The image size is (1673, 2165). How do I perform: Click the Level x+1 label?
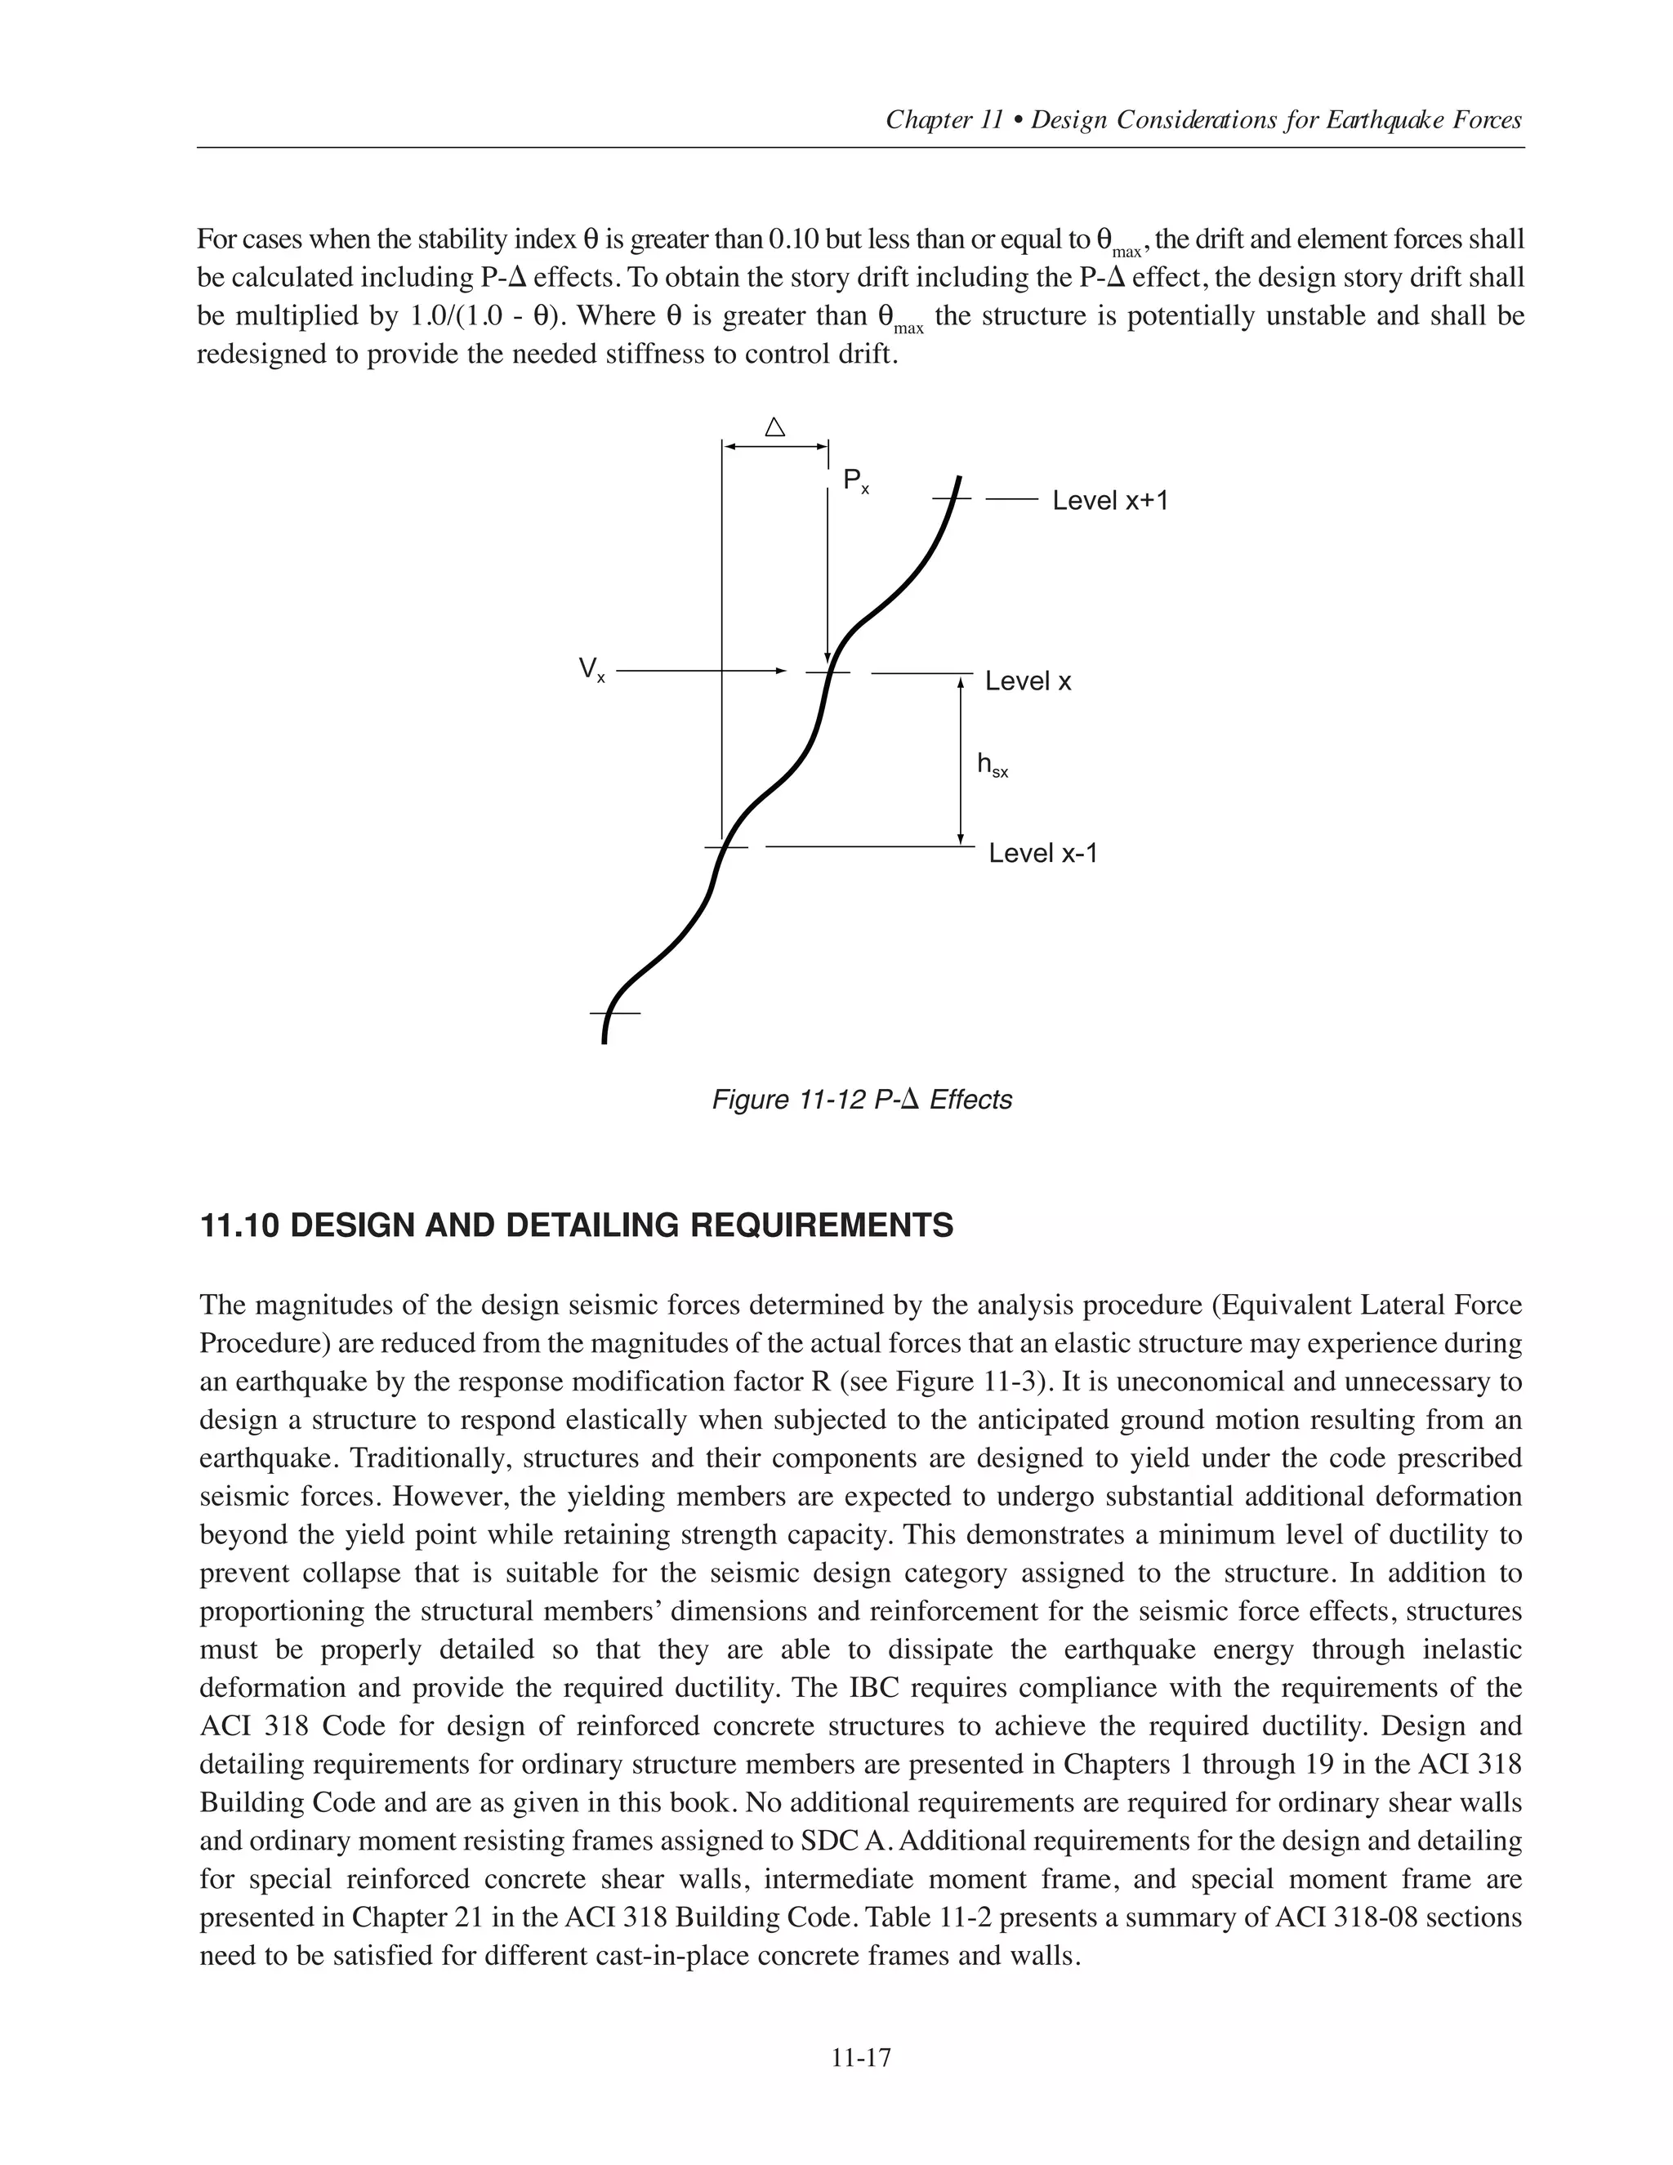tap(1110, 501)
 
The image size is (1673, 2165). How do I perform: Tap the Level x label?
tap(1028, 682)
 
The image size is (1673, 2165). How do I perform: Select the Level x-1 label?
tap(1042, 854)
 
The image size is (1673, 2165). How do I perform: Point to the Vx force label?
tap(591, 671)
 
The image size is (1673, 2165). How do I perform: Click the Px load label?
tap(855, 483)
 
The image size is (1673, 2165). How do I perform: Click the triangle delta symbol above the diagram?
tap(775, 428)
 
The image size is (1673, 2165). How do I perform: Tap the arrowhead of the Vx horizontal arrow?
tap(780, 671)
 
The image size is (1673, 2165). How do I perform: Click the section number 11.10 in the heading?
tap(240, 1226)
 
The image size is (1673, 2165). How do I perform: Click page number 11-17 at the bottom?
tap(861, 2058)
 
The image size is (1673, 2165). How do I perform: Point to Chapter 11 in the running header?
tap(944, 121)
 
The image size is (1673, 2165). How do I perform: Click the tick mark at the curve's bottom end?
tap(614, 1013)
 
